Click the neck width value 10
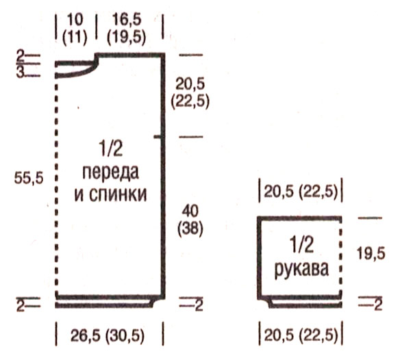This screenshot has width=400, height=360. coord(75,20)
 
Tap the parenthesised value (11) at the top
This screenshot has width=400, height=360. coord(75,38)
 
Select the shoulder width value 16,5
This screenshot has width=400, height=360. coord(127,20)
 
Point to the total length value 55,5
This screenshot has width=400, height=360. coord(29,178)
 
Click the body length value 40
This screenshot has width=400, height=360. coord(190,211)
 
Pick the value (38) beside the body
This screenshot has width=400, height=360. coord(190,229)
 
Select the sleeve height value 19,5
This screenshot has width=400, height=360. coord(371,254)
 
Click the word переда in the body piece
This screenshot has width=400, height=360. coord(111,173)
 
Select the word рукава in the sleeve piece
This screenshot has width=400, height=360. coord(301,269)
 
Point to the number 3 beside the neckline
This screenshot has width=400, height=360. coord(20,72)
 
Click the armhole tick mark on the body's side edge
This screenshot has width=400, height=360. coord(158,137)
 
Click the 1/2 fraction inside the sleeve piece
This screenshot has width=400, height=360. coord(302,245)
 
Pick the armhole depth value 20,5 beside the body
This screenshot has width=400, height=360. coord(190,84)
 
